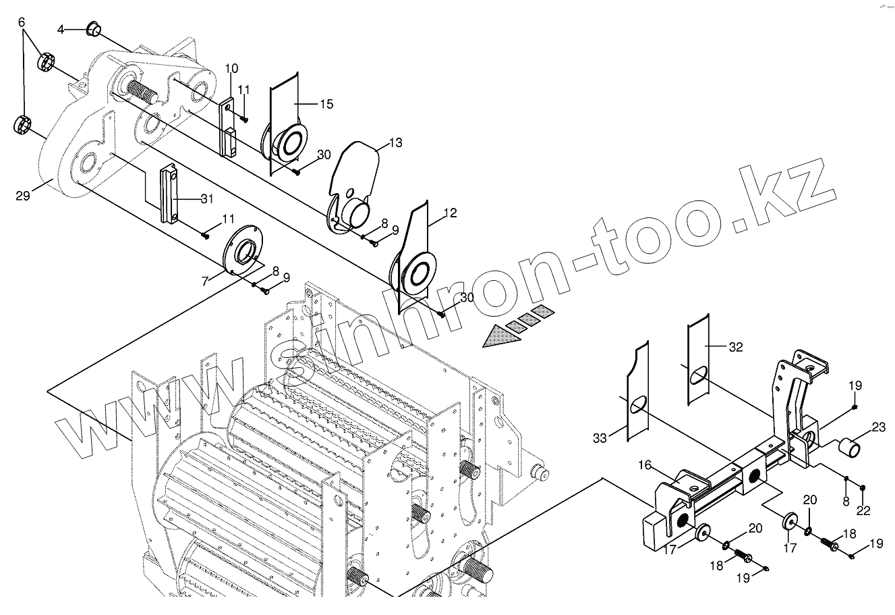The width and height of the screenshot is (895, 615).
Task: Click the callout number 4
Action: tap(61, 30)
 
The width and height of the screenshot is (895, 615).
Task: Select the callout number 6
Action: tap(22, 22)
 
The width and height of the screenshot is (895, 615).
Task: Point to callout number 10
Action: tap(231, 68)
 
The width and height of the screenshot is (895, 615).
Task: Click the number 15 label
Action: tap(326, 104)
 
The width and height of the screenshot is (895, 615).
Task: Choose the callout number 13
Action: tap(395, 143)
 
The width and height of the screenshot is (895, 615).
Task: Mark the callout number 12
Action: tap(451, 213)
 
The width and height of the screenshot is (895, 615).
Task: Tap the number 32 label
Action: tap(736, 347)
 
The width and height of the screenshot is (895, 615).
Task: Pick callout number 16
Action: tap(645, 465)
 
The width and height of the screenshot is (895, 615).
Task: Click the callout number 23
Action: tap(878, 427)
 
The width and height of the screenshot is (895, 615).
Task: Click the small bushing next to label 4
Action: tap(94, 30)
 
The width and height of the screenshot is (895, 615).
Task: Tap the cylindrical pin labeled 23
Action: tap(848, 447)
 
